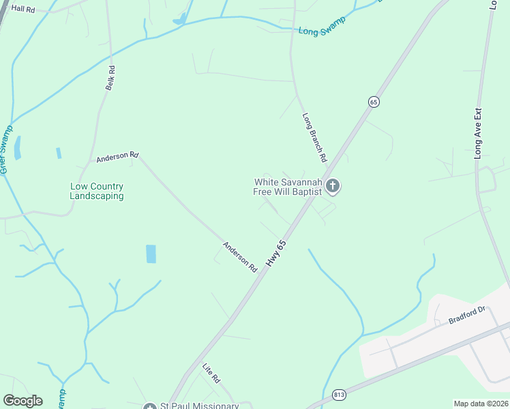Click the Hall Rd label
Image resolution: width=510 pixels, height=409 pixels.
click(23, 8)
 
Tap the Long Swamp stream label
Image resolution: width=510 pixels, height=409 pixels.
click(322, 26)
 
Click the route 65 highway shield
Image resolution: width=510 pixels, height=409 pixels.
click(373, 102)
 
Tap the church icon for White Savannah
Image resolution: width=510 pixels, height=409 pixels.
click(333, 185)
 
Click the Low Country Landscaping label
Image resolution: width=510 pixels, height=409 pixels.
click(97, 191)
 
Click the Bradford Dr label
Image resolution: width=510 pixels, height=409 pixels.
click(466, 315)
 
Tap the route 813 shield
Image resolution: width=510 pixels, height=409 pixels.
click(339, 395)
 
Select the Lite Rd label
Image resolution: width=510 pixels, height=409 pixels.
click(211, 372)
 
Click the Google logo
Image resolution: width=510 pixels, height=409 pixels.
click(22, 401)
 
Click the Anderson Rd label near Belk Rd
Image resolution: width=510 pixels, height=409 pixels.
click(117, 157)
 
